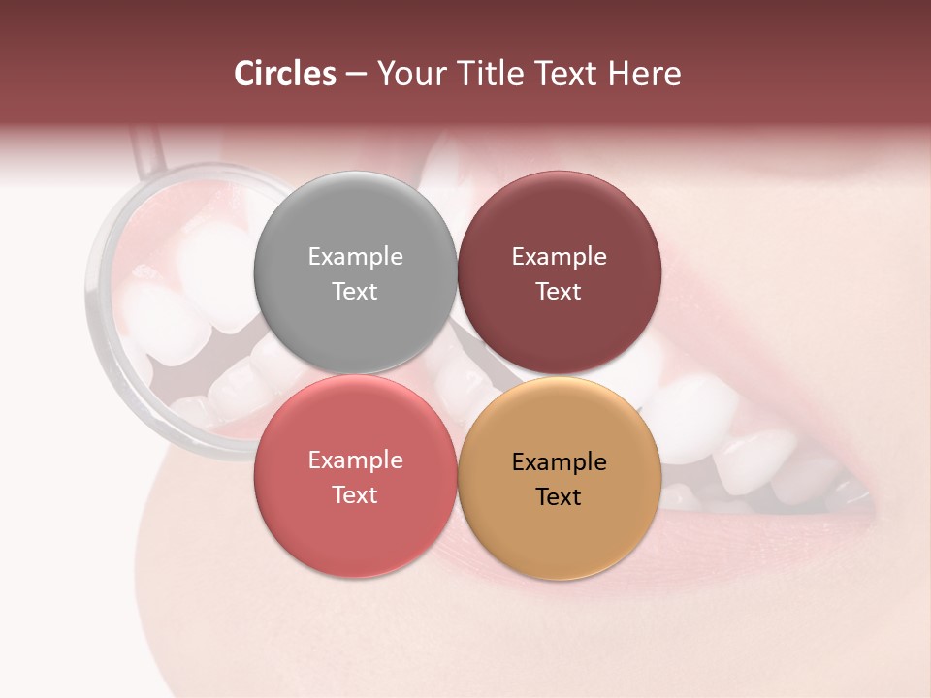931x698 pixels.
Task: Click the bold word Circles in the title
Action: pos(284,74)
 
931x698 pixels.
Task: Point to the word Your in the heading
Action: pos(410,74)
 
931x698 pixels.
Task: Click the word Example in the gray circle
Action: pos(355,257)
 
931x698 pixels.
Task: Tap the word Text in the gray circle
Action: pos(355,292)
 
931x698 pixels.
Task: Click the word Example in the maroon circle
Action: pos(560,257)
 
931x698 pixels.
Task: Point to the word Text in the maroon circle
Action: pos(560,292)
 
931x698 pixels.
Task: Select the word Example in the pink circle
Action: pos(355,460)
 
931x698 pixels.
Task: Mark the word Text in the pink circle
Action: pos(355,495)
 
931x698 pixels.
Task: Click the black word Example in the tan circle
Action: pos(560,462)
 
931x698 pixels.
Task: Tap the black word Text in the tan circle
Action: pos(560,497)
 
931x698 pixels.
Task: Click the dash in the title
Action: pos(356,75)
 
